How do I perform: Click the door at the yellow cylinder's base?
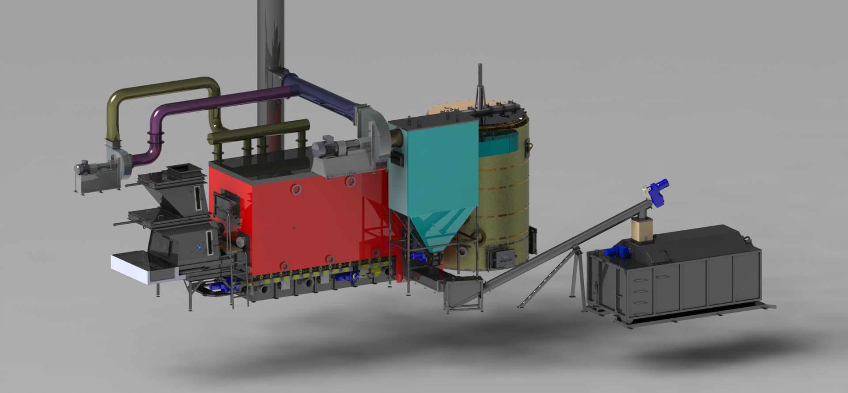[x=500, y=257]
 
